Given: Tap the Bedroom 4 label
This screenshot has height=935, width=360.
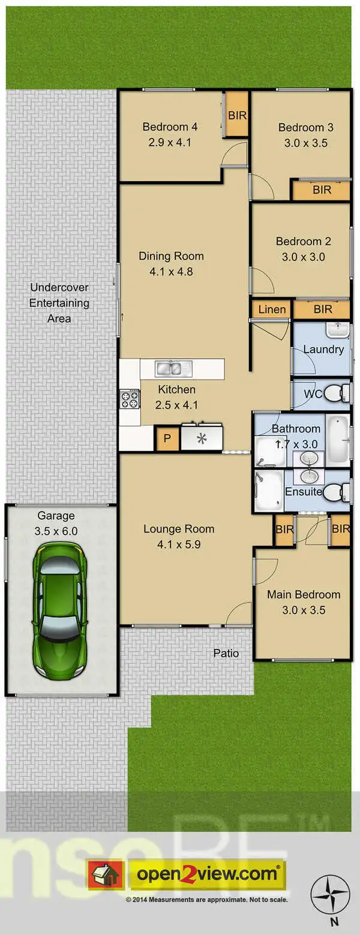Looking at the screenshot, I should (x=170, y=127).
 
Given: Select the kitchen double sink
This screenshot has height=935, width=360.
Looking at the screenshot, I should (x=172, y=368).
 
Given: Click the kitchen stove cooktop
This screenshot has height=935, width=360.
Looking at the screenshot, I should (x=130, y=399).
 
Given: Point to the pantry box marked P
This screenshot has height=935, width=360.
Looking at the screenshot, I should (x=167, y=439).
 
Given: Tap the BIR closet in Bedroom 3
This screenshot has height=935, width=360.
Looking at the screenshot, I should (x=322, y=190).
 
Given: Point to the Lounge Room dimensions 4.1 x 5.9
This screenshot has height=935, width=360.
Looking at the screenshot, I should (x=178, y=545).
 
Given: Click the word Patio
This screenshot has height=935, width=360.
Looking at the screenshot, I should (x=226, y=653).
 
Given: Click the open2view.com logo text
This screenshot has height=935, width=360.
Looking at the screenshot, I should (x=208, y=874).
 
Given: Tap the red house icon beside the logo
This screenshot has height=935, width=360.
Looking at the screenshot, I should (x=106, y=874).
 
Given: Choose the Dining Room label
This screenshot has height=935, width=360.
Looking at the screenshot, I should (x=171, y=256).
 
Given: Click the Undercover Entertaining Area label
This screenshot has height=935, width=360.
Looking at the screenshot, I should (x=59, y=303).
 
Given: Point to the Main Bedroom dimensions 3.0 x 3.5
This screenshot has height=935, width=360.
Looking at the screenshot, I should (x=304, y=611).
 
